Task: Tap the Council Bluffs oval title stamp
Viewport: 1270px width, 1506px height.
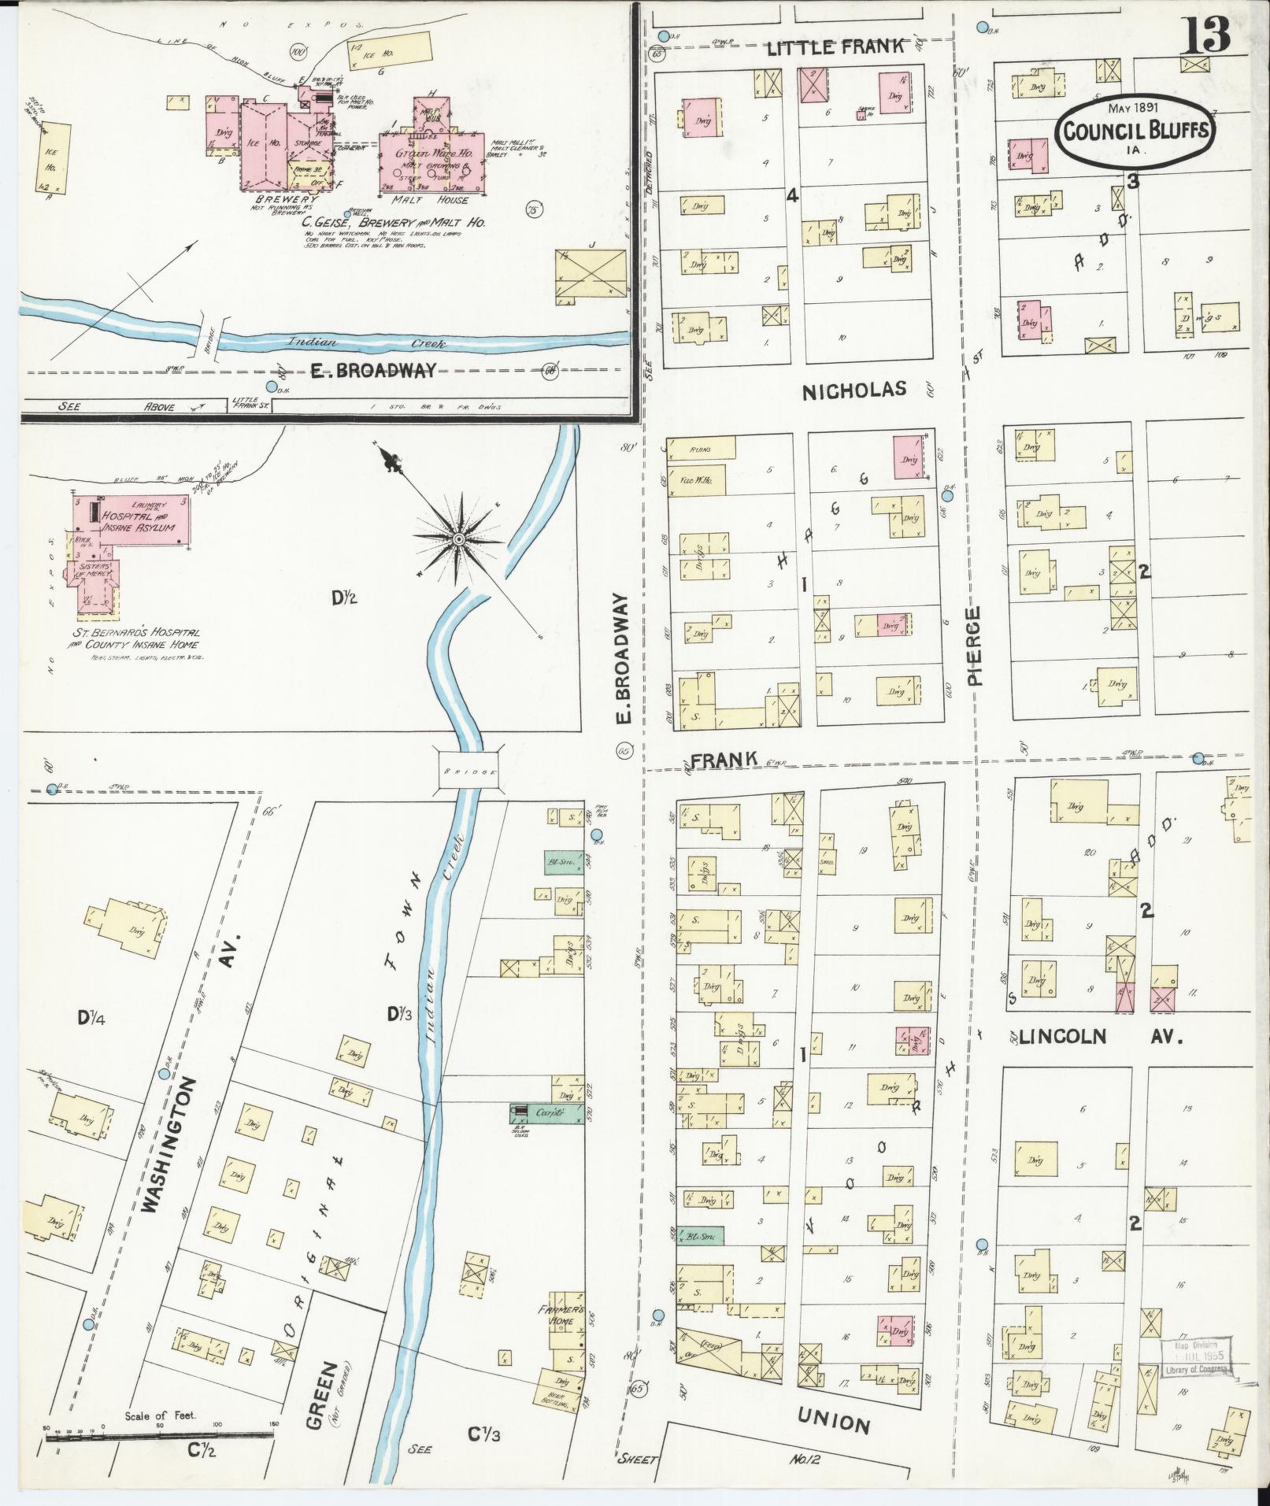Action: coord(1134,131)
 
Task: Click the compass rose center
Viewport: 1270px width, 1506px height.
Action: coord(457,538)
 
